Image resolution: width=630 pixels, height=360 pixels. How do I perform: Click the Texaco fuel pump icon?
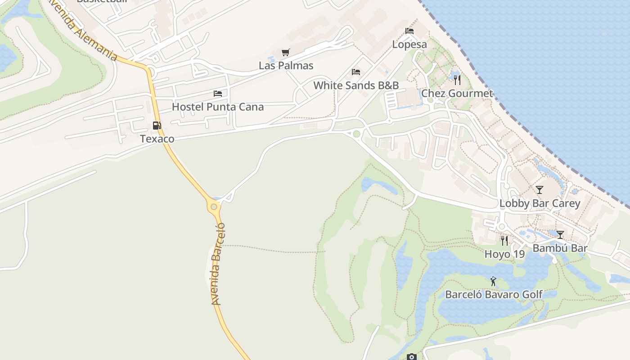pos(157,126)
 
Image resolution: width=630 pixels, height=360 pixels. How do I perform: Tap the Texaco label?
pos(157,139)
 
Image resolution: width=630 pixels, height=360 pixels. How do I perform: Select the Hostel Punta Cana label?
pos(218,107)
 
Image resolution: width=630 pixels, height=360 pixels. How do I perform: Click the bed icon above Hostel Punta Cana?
pos(218,94)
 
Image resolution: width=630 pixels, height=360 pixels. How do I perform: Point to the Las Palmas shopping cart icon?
pos(285,53)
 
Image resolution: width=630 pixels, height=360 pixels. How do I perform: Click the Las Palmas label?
pos(286,66)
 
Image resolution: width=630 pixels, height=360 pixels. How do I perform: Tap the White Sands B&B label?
pos(356,85)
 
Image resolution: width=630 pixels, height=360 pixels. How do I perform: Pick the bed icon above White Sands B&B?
pos(356,72)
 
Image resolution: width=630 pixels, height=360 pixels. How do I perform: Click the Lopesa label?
pos(409,44)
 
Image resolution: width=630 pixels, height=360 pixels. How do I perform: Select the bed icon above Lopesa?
pos(409,31)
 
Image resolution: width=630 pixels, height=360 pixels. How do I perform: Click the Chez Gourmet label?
pos(457,94)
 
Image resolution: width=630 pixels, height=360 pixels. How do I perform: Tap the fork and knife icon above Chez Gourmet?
pos(457,80)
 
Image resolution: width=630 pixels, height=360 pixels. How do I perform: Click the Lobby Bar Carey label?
pos(540,203)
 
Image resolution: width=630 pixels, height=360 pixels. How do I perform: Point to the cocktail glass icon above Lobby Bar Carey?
pos(540,190)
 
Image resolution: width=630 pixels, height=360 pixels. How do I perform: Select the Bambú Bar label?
pos(560,248)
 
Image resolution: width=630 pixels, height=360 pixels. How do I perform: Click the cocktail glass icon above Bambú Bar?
pos(560,235)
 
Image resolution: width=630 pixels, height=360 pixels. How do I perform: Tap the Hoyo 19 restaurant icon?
pos(504,241)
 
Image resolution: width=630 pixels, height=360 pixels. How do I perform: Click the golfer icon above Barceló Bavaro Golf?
pos(494,282)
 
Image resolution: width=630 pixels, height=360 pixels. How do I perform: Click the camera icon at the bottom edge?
pos(411,357)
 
